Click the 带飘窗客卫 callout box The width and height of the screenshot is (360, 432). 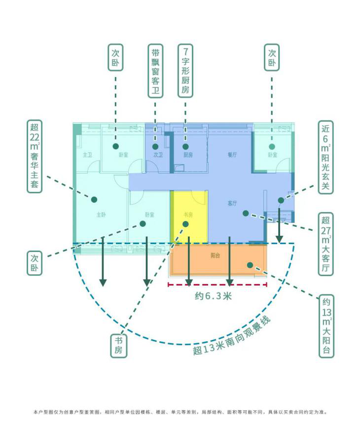[155, 71]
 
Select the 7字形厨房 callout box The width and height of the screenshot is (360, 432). [185, 71]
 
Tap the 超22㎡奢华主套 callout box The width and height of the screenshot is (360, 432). [35, 156]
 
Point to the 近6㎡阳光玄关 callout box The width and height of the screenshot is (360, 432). [325, 157]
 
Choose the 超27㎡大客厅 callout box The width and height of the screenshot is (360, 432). [325, 244]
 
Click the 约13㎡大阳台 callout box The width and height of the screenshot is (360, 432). [325, 326]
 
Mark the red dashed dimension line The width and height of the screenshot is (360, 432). [217, 285]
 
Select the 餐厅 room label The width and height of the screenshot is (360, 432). [232, 155]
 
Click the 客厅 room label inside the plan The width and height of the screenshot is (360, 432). [232, 203]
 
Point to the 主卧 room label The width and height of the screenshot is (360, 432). [101, 215]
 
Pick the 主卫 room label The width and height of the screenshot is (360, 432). [87, 155]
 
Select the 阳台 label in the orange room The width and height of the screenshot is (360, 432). [215, 256]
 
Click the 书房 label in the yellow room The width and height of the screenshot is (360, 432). [187, 215]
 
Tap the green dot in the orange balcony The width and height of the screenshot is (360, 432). [250, 265]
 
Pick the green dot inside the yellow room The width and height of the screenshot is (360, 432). [186, 224]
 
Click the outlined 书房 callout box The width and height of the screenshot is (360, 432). [119, 345]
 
